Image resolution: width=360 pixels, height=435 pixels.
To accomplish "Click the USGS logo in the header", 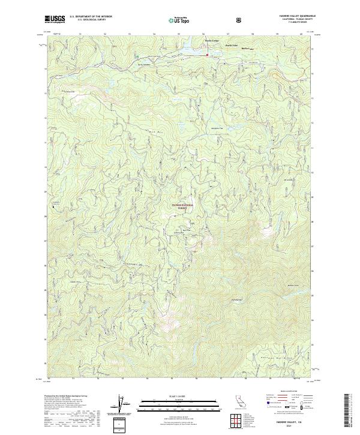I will (x=55, y=19).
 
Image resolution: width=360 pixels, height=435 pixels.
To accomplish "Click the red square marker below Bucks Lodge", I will (x=208, y=55).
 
